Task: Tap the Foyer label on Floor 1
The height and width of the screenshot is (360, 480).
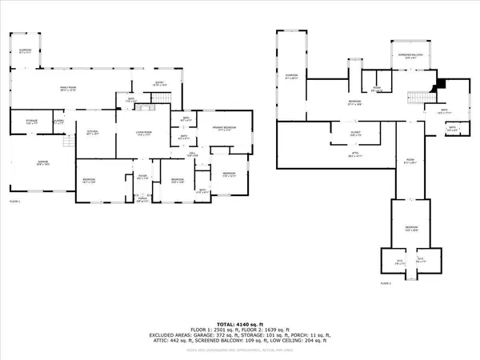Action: click(142, 178)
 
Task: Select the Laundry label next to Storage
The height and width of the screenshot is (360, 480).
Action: click(58, 122)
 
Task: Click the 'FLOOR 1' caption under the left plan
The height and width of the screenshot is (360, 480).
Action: click(14, 203)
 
